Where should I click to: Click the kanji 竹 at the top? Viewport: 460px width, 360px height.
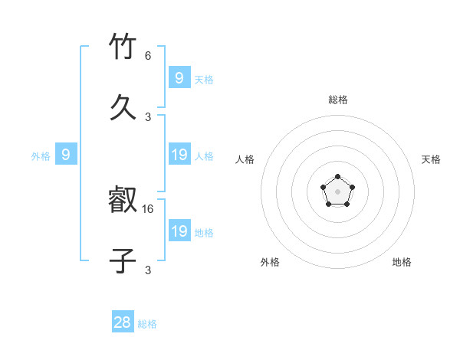[x=123, y=47]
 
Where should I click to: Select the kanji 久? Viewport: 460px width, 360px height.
[x=123, y=107]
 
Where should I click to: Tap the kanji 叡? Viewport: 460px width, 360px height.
[x=123, y=201]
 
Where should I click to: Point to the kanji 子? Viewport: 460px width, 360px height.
[x=123, y=261]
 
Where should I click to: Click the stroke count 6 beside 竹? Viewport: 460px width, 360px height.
[x=148, y=56]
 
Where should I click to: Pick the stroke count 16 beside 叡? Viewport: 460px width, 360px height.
[x=149, y=208]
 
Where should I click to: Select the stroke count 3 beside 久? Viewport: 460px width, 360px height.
[x=148, y=116]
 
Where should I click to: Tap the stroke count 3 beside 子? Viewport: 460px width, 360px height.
[x=148, y=270]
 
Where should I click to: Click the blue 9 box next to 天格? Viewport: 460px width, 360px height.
[x=179, y=78]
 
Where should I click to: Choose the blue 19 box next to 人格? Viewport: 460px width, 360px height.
[x=179, y=155]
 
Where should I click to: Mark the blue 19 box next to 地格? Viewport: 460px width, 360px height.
[x=179, y=231]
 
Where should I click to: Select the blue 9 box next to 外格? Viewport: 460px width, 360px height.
[x=66, y=155]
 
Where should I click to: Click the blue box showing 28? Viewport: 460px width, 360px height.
[x=123, y=322]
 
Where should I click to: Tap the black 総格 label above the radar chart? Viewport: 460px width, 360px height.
[x=337, y=100]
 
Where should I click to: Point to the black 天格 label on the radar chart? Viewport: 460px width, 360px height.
[x=431, y=159]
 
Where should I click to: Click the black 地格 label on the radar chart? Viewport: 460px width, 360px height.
[x=402, y=262]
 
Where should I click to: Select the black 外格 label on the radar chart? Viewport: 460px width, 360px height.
[x=270, y=262]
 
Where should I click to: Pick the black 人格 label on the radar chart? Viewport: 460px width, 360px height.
[x=245, y=159]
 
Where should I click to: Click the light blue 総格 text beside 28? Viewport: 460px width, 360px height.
[x=147, y=324]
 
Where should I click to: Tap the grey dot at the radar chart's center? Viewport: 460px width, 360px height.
[x=337, y=191]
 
